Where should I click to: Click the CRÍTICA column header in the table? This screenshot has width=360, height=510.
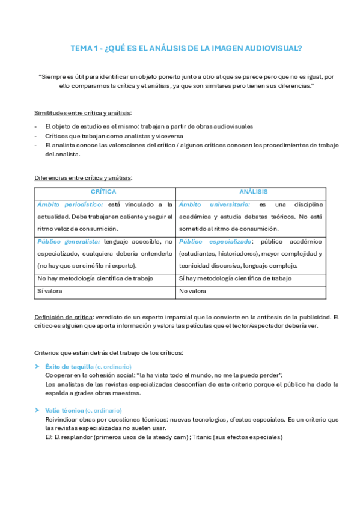point(103,191)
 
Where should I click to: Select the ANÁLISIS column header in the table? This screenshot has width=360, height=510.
point(252,191)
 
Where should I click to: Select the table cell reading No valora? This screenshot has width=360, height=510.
point(192,290)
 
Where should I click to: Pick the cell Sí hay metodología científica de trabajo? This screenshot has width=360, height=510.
point(235,278)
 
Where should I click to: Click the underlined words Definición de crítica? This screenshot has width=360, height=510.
point(64,317)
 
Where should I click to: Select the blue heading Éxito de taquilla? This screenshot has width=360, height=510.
point(70,366)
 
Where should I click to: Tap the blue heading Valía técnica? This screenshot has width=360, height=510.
point(65,410)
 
